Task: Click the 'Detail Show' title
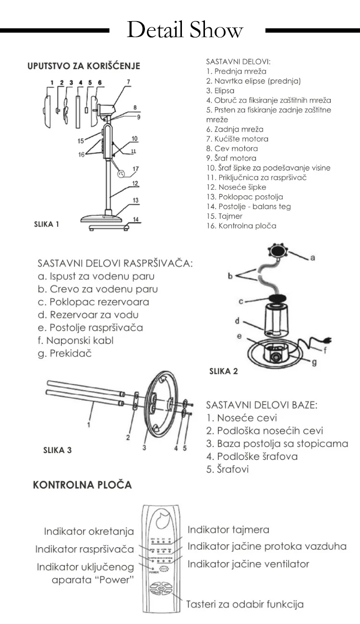pyautogui.click(x=185, y=30)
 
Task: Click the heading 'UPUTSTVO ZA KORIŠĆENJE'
pyautogui.click(x=84, y=66)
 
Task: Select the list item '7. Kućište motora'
pyautogui.click(x=237, y=139)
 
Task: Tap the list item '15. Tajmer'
pyautogui.click(x=224, y=216)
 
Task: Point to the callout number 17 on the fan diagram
pyautogui.click(x=136, y=168)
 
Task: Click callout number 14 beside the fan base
pyautogui.click(x=136, y=219)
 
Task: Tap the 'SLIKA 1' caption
pyautogui.click(x=47, y=224)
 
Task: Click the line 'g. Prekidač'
pyautogui.click(x=64, y=353)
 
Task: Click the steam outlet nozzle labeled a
pyautogui.click(x=278, y=251)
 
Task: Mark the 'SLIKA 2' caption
pyautogui.click(x=223, y=371)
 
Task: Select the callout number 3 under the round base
pyautogui.click(x=144, y=447)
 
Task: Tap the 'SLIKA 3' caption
pyautogui.click(x=57, y=450)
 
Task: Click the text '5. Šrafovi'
pyautogui.click(x=228, y=469)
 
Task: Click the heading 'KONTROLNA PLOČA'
pyautogui.click(x=82, y=485)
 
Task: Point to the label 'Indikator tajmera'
pyautogui.click(x=228, y=530)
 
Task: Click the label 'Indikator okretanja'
pyautogui.click(x=89, y=531)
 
